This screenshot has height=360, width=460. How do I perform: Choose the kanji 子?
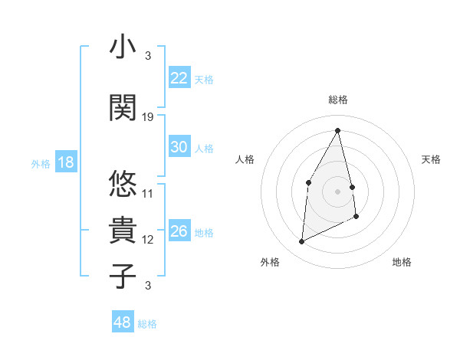click(x=123, y=276)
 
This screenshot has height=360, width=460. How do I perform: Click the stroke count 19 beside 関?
click(x=148, y=117)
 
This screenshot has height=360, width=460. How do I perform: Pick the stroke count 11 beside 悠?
click(x=148, y=194)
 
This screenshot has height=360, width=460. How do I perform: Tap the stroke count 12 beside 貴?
click(x=148, y=240)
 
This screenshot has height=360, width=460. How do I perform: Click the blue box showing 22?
click(x=179, y=78)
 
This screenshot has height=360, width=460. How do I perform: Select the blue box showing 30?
click(x=179, y=147)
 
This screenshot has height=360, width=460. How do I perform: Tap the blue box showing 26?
click(x=179, y=231)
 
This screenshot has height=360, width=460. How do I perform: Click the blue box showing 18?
click(x=65, y=162)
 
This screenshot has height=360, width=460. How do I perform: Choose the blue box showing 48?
click(x=123, y=322)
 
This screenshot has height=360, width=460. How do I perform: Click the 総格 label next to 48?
click(x=147, y=324)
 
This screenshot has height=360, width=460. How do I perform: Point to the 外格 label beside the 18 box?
click(x=41, y=163)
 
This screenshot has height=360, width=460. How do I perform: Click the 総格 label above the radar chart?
click(x=337, y=100)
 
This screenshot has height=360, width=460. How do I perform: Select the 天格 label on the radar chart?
click(x=431, y=159)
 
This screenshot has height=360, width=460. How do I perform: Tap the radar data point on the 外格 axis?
click(x=301, y=242)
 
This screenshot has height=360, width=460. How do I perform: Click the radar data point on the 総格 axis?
click(x=337, y=130)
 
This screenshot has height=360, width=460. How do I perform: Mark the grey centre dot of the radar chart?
click(x=337, y=191)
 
